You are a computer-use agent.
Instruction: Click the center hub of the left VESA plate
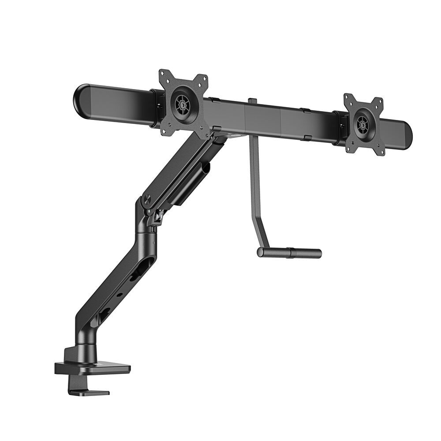[x=181, y=105]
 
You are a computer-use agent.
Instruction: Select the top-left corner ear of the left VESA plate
[x=164, y=74]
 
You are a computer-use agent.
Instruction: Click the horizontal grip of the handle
[x=289, y=253]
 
